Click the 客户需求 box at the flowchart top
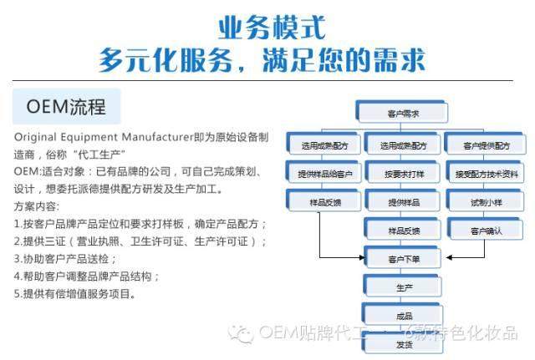click(x=404, y=113)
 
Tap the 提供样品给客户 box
click(x=325, y=174)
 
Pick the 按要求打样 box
click(x=404, y=174)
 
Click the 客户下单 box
click(x=404, y=258)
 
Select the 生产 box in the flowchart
click(x=404, y=287)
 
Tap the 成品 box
click(x=404, y=316)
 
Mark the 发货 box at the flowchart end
click(x=404, y=344)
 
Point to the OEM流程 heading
click(x=66, y=108)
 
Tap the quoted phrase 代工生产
click(x=96, y=154)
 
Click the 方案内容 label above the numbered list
click(x=37, y=205)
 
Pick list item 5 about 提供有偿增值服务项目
click(x=74, y=293)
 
